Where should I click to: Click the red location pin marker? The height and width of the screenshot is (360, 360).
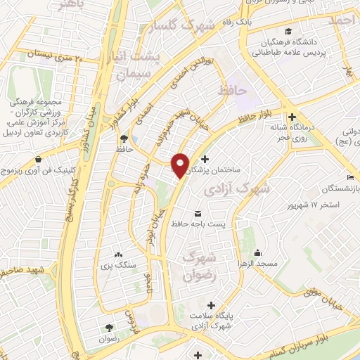click(x=181, y=165)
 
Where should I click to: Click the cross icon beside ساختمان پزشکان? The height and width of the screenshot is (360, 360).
click(x=205, y=160)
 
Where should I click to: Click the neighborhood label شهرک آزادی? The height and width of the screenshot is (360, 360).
click(x=236, y=190)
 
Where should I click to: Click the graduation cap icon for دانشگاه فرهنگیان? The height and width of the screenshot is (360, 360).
click(x=289, y=32)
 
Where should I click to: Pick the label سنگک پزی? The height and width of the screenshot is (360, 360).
click(x=117, y=266)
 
